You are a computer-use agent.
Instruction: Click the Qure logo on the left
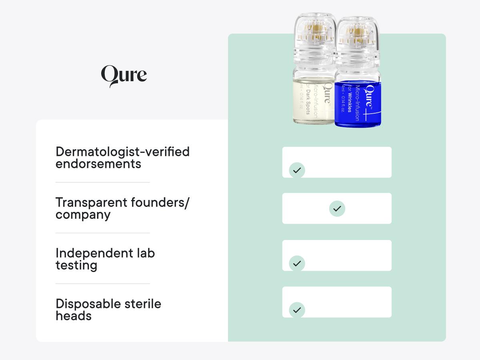coord(124,76)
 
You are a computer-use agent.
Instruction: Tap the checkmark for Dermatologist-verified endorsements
coord(297,170)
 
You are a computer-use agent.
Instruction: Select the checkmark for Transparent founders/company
coord(337,208)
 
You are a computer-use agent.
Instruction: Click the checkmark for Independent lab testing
coord(297,263)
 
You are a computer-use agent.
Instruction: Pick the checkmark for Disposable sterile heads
coord(297,310)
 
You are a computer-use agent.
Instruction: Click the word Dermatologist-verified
coord(122,152)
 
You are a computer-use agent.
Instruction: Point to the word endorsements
coord(98,164)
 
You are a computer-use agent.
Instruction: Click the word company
coord(83,215)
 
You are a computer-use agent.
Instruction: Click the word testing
coord(76,266)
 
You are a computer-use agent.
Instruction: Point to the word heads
coord(73,316)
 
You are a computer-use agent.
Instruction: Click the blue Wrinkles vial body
coord(357,103)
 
